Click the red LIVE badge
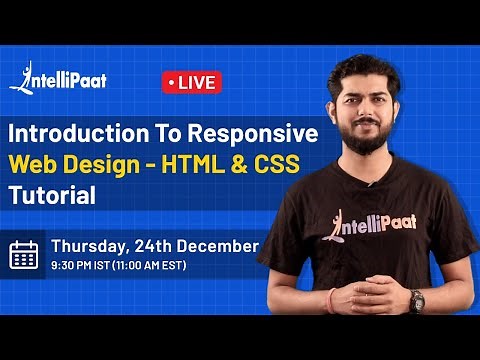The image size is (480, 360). click(191, 82)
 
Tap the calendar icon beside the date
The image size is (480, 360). click(23, 254)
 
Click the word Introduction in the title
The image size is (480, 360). click(72, 135)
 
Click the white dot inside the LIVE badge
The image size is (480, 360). click(172, 82)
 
